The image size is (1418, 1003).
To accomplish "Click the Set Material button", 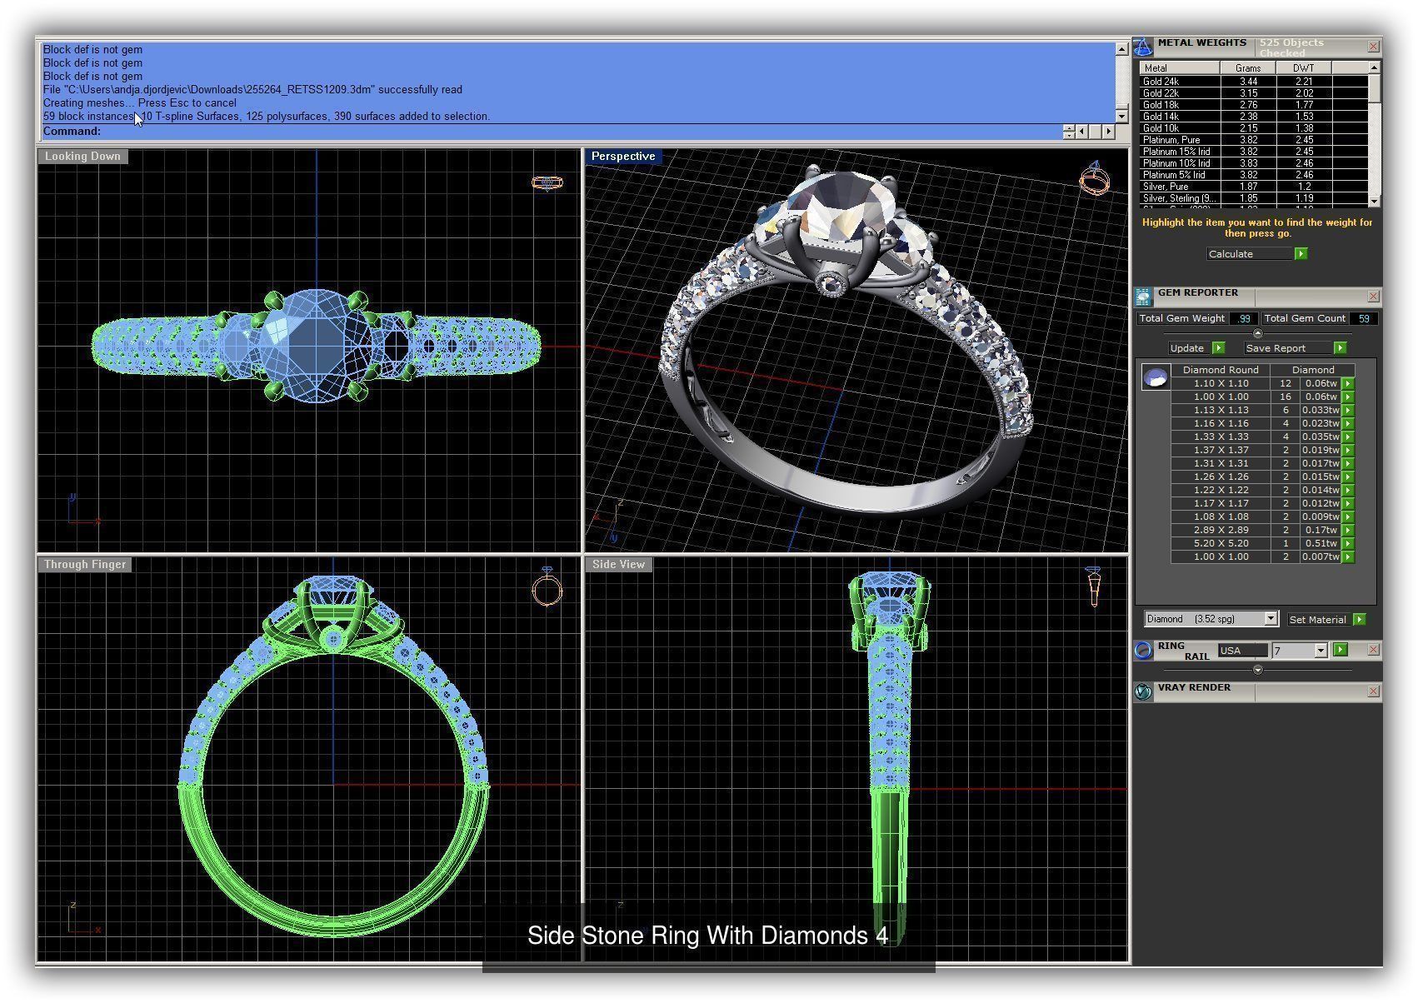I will coord(1317,620).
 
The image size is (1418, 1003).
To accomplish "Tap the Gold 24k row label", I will coord(1161,82).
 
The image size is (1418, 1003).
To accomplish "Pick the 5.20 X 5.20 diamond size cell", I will coord(1221,543).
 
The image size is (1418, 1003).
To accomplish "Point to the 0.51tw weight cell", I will coord(1321,543).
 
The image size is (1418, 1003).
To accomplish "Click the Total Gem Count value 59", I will coord(1364,318).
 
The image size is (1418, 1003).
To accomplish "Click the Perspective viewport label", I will coord(622,157).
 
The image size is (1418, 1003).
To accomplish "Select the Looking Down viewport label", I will coord(82,157).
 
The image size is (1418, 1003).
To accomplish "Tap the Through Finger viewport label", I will coord(85,565).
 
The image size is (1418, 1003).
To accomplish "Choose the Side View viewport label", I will coord(618,565).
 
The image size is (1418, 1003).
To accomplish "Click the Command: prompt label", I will coord(72,132).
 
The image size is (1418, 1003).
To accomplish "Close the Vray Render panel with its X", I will coord(1373,691).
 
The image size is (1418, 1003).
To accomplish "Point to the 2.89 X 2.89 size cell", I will coord(1221,530).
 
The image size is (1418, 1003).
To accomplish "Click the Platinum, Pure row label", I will coord(1171,140).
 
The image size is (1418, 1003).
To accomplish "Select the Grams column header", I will coord(1248,68).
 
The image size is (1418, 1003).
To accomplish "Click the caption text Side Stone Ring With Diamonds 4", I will coord(707,936).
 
